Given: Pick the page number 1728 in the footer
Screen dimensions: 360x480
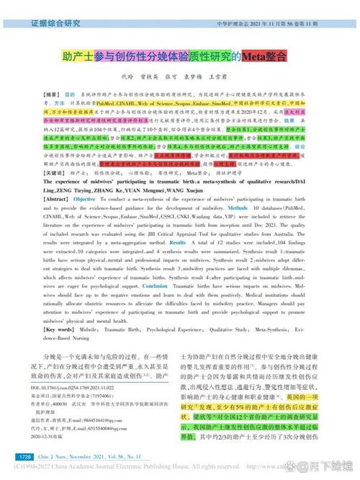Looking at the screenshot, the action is [25, 456].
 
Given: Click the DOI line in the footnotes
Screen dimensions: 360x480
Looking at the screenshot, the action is [80, 387].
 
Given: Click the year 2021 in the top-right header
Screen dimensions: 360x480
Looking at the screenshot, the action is [263, 24].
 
